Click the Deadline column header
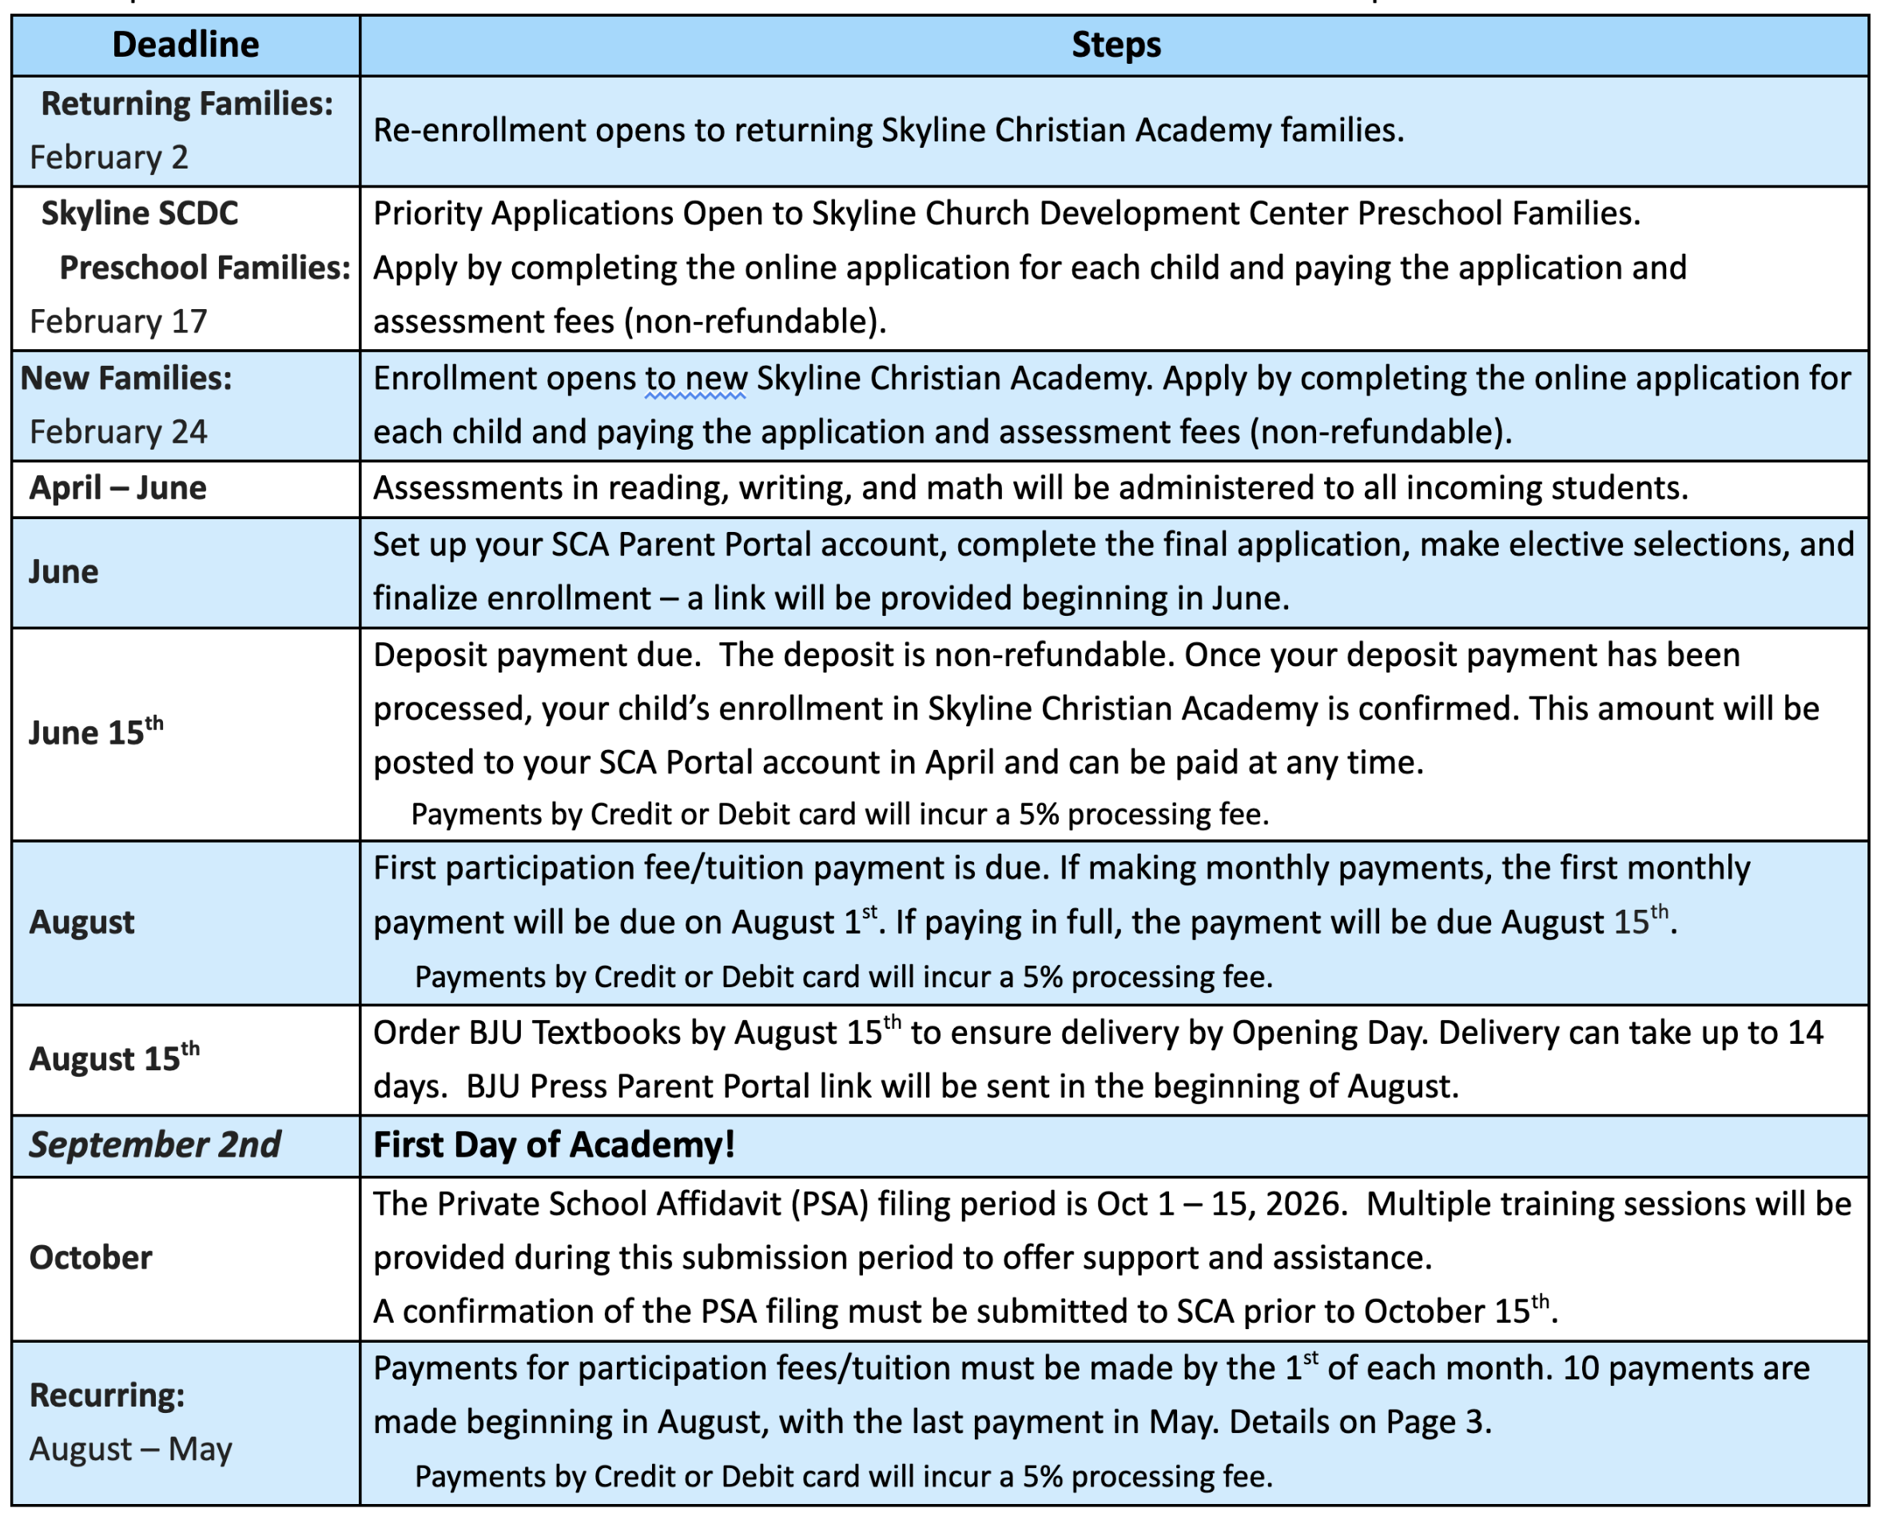[x=185, y=45]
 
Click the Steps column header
[x=1115, y=45]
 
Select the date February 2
[x=109, y=157]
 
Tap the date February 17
[x=119, y=321]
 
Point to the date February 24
[x=119, y=431]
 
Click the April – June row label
[x=118, y=487]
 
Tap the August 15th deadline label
[x=114, y=1058]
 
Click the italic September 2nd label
[x=155, y=1144]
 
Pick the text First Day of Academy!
[x=554, y=1144]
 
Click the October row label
[x=91, y=1256]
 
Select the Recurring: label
[x=107, y=1395]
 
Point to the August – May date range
[x=131, y=1449]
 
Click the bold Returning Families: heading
[x=187, y=103]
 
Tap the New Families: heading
[x=127, y=377]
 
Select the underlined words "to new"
[x=695, y=379]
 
